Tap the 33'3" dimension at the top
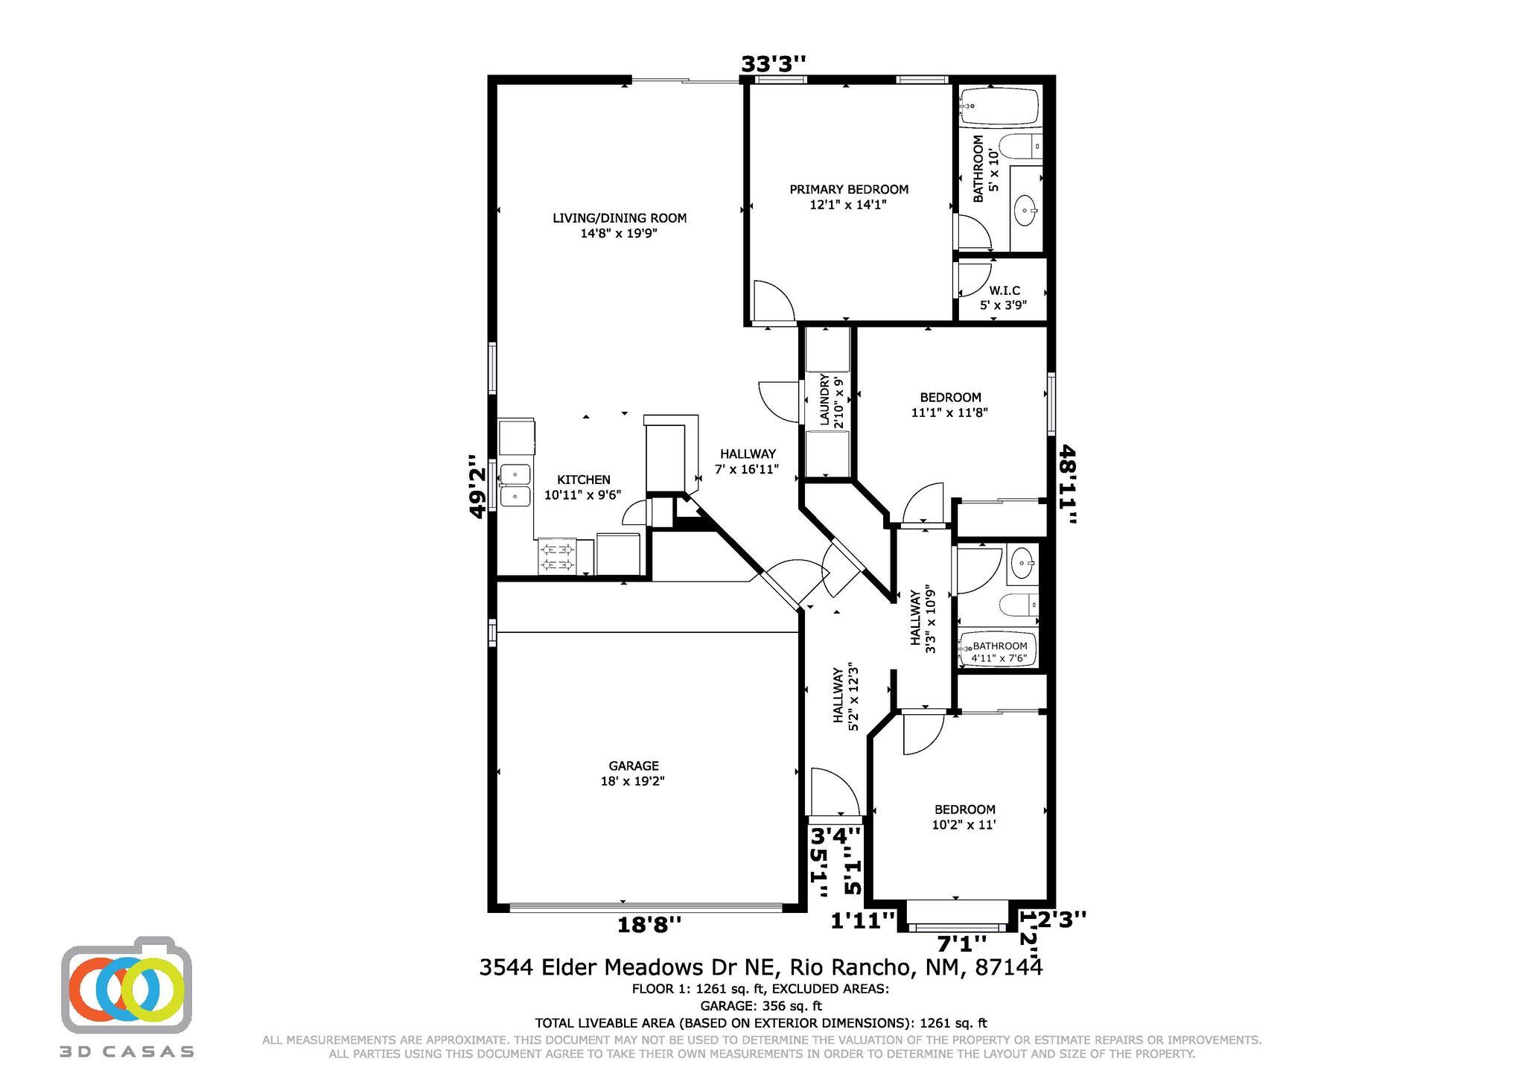click(x=773, y=65)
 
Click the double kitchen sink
click(x=515, y=485)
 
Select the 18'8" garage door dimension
click(x=649, y=925)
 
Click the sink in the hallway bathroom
click(x=1022, y=564)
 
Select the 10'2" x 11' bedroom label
click(x=965, y=817)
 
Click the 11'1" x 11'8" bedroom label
click(x=950, y=404)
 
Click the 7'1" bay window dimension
click(x=961, y=943)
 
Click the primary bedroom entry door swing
click(x=773, y=302)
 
